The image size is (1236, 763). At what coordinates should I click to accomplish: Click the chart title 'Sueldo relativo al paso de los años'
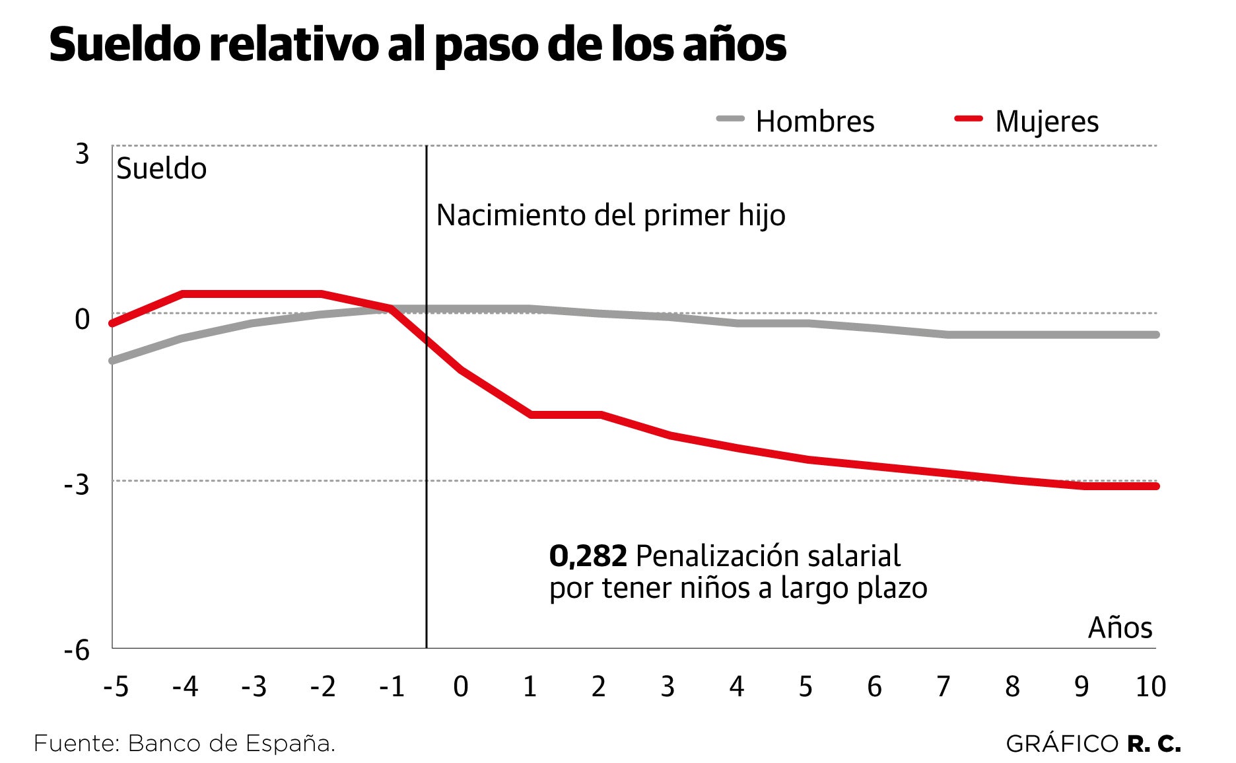pos(417,45)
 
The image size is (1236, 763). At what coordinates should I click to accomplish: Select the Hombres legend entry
pos(796,122)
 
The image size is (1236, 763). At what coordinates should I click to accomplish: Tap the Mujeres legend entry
pos(1027,122)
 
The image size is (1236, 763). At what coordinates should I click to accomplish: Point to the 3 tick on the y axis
pos(82,154)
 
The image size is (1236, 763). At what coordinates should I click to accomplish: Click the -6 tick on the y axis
pos(77,651)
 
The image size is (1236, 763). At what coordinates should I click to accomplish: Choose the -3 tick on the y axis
pos(77,485)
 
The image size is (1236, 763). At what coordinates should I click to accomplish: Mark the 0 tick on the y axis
pos(82,319)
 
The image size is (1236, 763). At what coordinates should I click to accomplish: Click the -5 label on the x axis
pos(116,687)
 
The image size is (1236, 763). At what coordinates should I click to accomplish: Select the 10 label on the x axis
pos(1150,687)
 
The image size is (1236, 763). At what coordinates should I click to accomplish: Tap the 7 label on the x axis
pos(944,687)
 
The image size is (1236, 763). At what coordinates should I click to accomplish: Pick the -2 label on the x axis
pos(323,687)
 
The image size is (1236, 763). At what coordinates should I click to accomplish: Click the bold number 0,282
pos(588,556)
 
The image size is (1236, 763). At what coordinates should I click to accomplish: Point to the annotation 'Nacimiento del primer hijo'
pos(611,215)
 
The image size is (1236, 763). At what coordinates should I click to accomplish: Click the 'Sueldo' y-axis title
pos(161,169)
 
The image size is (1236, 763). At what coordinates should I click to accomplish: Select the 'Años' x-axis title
pos(1120,628)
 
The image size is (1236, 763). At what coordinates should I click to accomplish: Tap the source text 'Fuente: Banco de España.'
pos(185,744)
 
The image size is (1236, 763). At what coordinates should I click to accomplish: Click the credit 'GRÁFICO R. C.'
pos(1093,744)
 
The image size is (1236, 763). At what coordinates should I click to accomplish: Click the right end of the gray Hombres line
pos(1156,335)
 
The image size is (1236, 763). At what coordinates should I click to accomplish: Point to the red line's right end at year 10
pos(1156,486)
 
